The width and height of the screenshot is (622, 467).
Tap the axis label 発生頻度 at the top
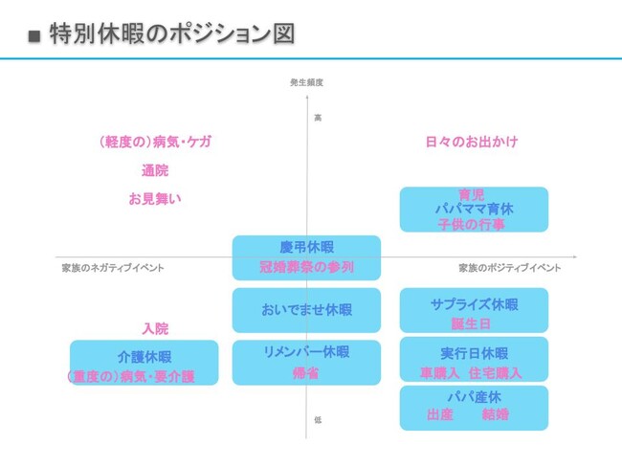click(306, 83)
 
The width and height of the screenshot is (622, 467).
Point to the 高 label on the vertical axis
click(318, 117)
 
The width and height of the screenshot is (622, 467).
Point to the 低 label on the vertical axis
click(318, 419)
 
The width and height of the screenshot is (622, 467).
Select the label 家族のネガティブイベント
click(113, 268)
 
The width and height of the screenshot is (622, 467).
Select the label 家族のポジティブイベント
click(509, 268)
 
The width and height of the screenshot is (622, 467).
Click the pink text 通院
click(154, 170)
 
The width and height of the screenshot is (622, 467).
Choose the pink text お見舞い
click(154, 199)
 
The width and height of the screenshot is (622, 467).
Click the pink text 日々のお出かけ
click(472, 142)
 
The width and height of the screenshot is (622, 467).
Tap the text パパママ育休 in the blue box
click(474, 209)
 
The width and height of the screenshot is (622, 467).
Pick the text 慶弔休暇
click(306, 247)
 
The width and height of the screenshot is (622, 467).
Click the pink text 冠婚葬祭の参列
click(306, 267)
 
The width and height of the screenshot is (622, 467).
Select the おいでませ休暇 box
click(306, 310)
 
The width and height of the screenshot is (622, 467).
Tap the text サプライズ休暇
click(474, 304)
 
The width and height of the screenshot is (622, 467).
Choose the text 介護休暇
click(144, 356)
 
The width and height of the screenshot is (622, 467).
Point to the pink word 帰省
click(306, 373)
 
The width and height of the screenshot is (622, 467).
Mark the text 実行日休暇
click(474, 352)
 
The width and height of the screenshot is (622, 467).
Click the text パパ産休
click(474, 396)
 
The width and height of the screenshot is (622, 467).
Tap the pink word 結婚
click(496, 415)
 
